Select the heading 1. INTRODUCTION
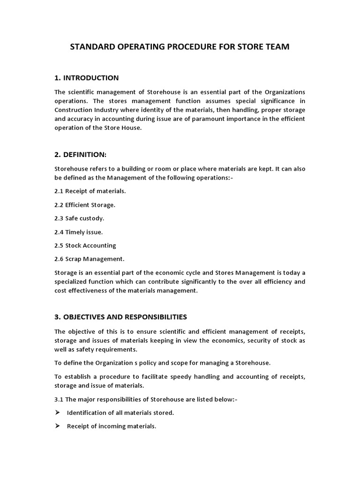87,78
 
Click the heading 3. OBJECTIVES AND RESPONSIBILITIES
121,317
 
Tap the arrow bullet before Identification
58,413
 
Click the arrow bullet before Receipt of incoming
58,427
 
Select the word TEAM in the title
277,47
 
